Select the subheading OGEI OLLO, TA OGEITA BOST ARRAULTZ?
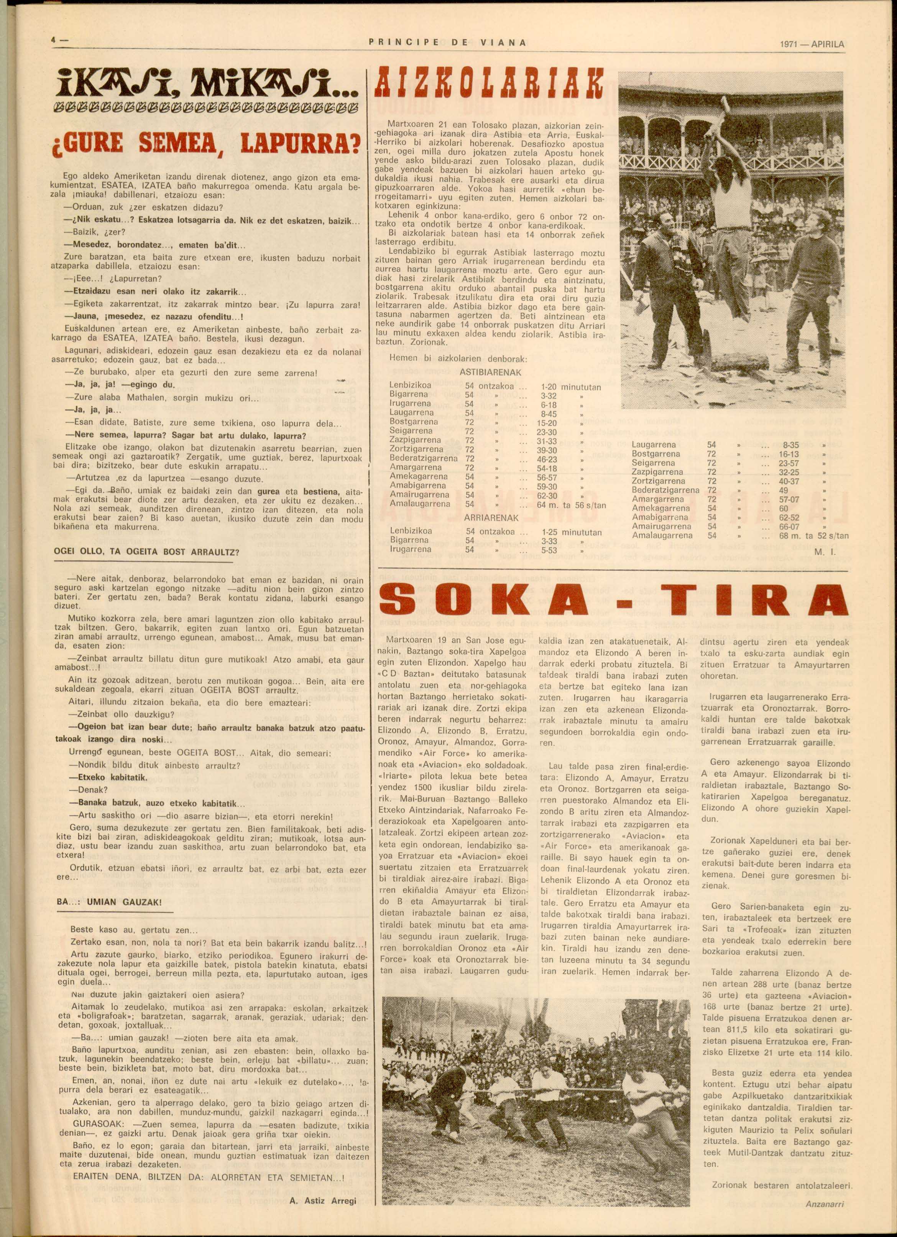point(146,552)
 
